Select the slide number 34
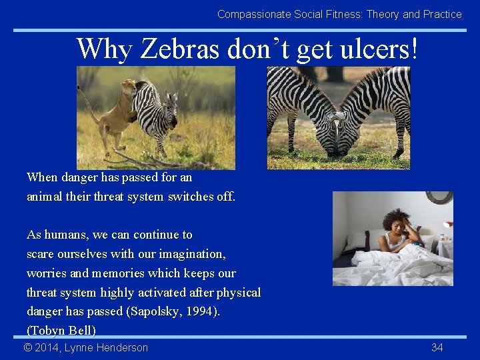coord(437,347)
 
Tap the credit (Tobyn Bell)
coord(61,331)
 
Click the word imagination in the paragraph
coord(192,254)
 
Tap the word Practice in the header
coord(442,14)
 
